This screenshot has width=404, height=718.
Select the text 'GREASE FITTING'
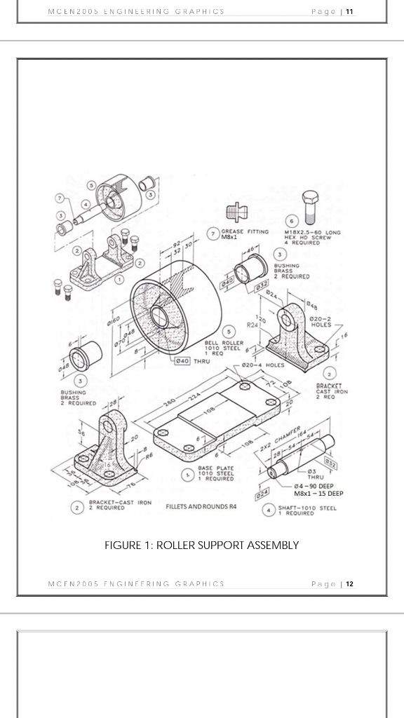pos(245,231)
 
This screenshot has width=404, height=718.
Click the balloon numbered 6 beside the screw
pos(291,222)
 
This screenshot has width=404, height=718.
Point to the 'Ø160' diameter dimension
pos(112,321)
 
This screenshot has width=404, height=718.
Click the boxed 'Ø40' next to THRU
pos(182,360)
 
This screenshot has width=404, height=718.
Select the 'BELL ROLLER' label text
pos(224,342)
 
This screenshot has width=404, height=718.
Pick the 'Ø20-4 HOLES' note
pos(263,365)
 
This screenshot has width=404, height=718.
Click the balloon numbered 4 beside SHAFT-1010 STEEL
pos(268,510)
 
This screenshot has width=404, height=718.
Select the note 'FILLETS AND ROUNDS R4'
pos(199,506)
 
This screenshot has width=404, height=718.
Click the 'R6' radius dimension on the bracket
pos(148,455)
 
